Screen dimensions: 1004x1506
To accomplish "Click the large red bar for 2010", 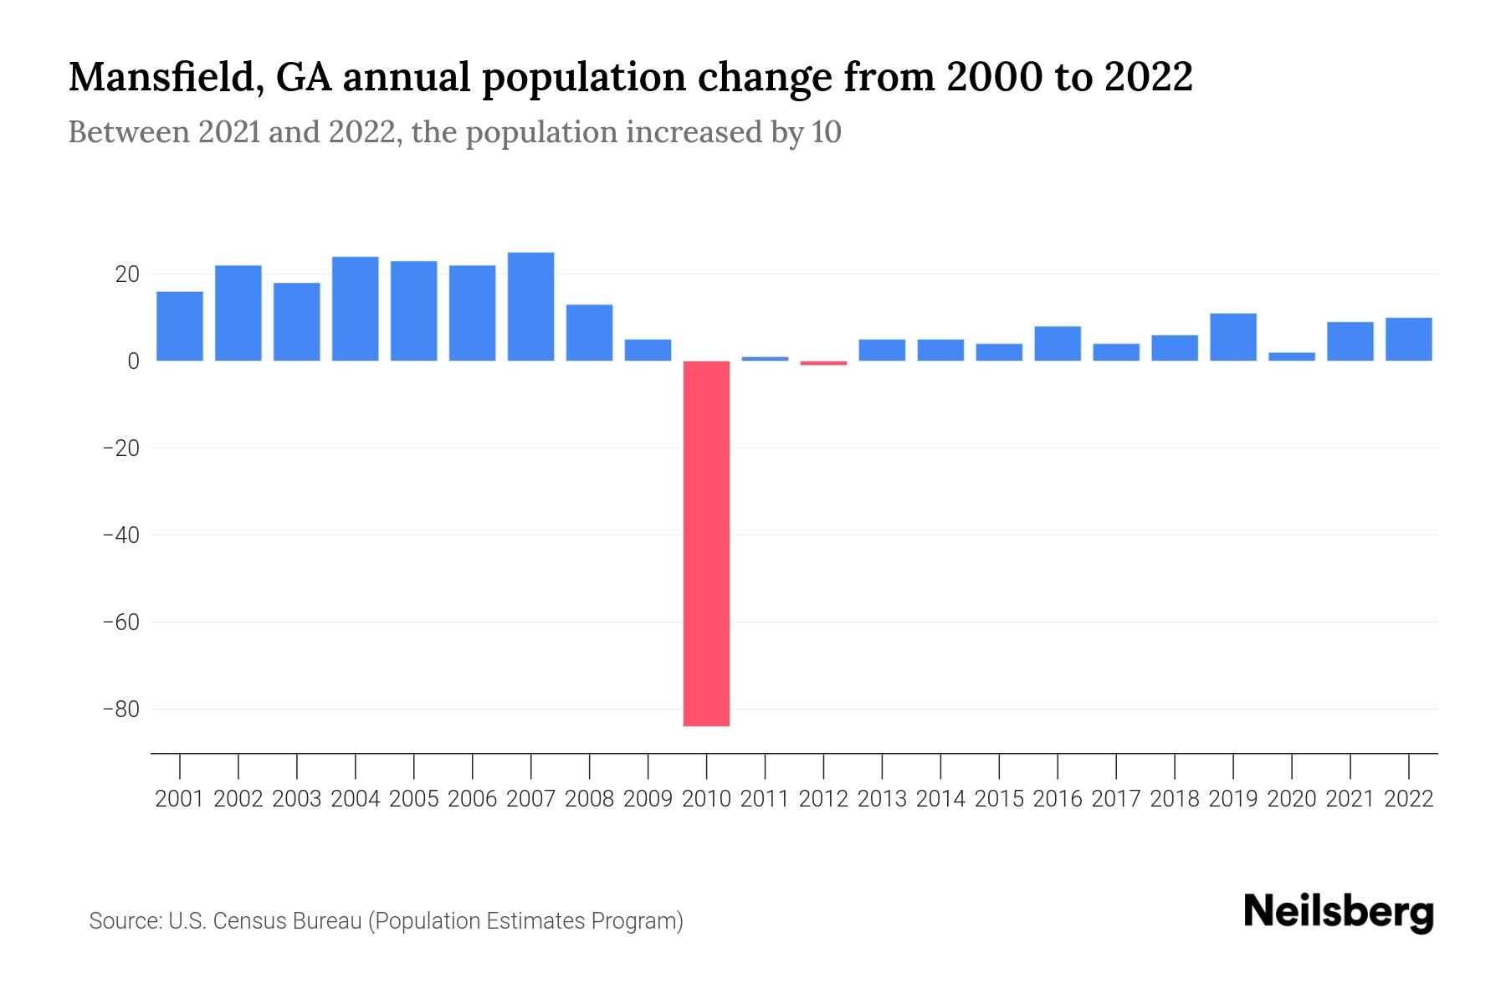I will (706, 544).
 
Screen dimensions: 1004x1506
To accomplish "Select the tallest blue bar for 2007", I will (531, 307).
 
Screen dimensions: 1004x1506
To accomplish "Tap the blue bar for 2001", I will (180, 326).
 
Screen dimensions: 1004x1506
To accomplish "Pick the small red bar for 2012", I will (823, 363).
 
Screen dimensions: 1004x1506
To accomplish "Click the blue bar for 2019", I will (1233, 337).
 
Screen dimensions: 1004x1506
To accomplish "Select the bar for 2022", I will (1409, 340).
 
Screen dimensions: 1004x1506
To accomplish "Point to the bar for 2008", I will (590, 333).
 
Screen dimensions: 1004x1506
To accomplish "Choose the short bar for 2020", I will (1292, 356).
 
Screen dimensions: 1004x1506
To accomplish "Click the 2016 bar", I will (1058, 344).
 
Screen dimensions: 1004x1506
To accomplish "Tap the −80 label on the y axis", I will (120, 709).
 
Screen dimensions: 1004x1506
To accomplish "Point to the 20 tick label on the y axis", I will (127, 274).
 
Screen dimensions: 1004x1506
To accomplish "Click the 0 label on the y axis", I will (133, 361).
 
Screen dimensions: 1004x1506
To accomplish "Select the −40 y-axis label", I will (120, 535).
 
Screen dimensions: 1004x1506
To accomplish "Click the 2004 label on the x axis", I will (356, 799).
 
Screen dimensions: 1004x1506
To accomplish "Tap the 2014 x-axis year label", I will (940, 799).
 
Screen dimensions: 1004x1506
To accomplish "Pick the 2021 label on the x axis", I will (1350, 799).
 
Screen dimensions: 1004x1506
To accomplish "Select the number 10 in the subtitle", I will (826, 132).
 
